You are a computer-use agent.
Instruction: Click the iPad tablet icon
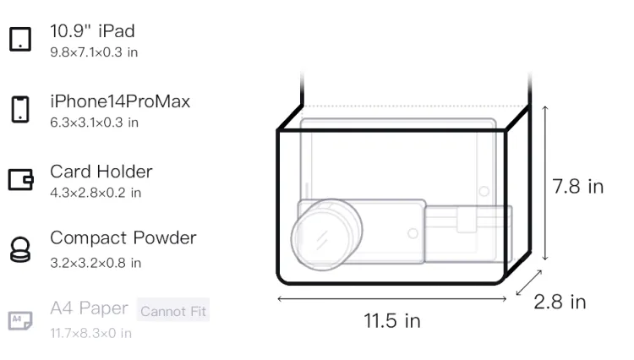(20, 39)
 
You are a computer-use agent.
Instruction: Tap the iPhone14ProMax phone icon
(20, 109)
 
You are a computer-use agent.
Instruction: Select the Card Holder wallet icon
(20, 179)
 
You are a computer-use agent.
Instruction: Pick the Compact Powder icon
(20, 249)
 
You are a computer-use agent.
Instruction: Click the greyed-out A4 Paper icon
(20, 320)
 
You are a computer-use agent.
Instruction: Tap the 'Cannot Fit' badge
(173, 311)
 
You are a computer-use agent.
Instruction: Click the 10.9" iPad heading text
(92, 31)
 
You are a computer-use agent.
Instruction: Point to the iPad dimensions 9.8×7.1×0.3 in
(94, 52)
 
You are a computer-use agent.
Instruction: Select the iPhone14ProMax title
(120, 101)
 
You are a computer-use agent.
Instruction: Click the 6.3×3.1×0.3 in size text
(94, 123)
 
